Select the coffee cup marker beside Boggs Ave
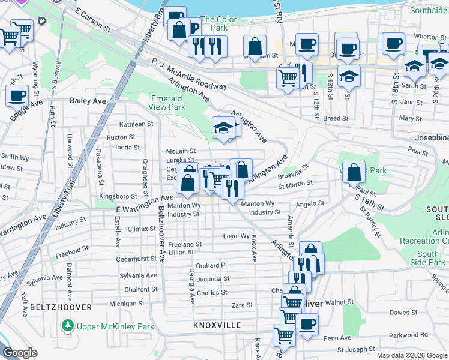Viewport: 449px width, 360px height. pyautogui.click(x=17, y=95)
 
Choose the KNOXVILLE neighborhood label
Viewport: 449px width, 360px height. pyautogui.click(x=217, y=325)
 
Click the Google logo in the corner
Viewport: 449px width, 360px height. pyautogui.click(x=20, y=353)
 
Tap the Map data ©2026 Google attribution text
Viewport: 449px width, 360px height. pyautogui.click(x=412, y=355)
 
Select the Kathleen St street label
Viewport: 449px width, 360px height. pyautogui.click(x=137, y=124)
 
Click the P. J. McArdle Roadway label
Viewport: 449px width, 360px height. pyautogui.click(x=189, y=69)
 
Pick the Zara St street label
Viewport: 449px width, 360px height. pyautogui.click(x=242, y=305)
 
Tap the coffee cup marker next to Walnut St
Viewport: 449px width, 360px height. pyautogui.click(x=308, y=325)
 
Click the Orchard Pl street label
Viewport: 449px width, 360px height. pyautogui.click(x=211, y=265)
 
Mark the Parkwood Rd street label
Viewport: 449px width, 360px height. pyautogui.click(x=407, y=335)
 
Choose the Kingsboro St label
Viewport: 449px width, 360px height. pyautogui.click(x=118, y=196)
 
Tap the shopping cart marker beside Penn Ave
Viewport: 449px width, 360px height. pyautogui.click(x=284, y=336)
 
